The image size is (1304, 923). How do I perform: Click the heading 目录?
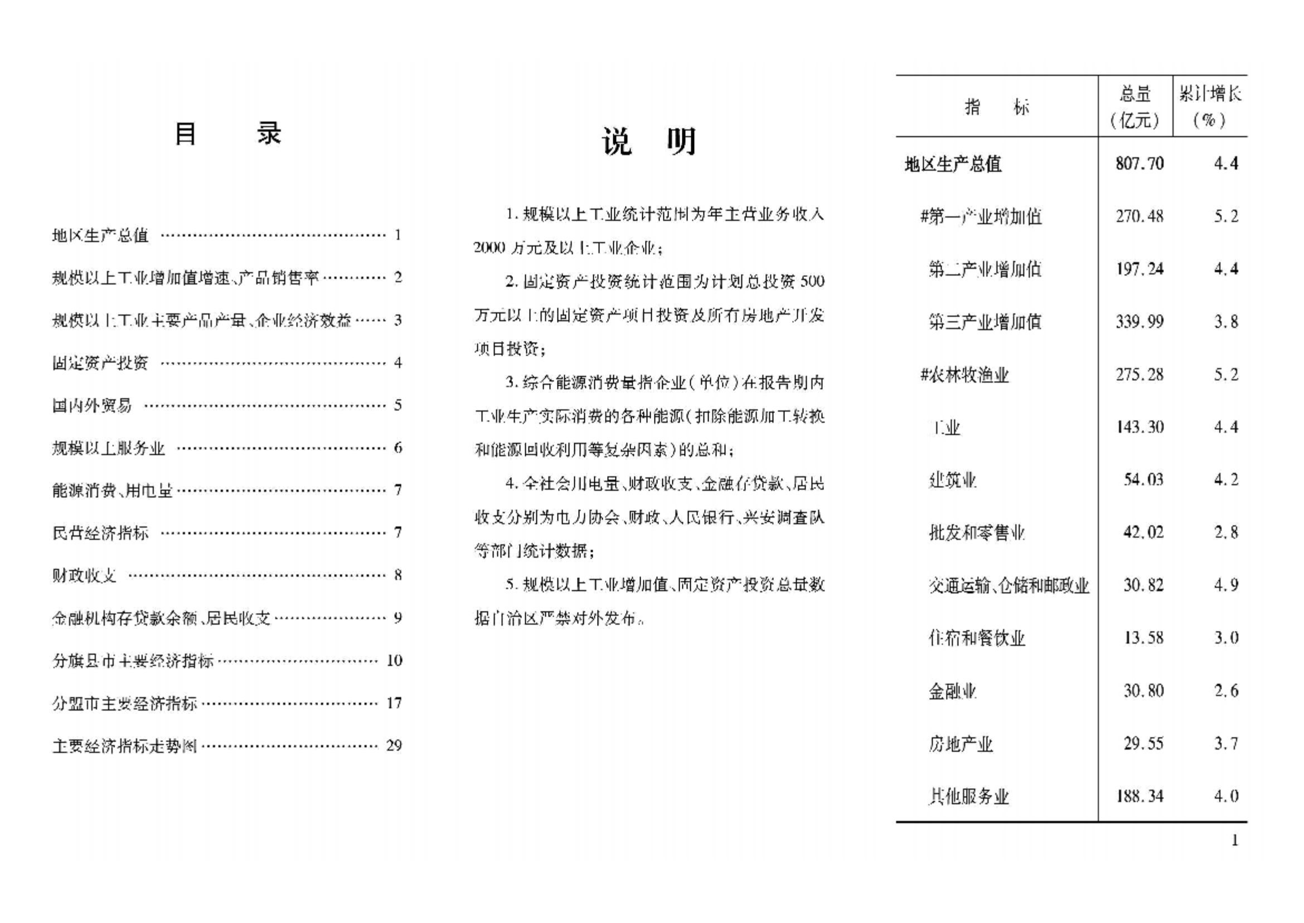click(x=227, y=134)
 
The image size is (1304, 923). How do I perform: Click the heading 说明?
click(x=649, y=142)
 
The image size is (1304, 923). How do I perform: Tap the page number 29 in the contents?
click(x=394, y=745)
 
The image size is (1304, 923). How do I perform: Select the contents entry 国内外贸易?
click(x=91, y=405)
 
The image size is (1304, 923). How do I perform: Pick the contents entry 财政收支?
click(x=84, y=575)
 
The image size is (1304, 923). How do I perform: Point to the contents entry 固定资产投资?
click(x=100, y=363)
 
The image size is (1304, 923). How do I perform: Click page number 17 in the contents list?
click(x=394, y=703)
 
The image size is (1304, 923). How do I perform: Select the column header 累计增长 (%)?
click(x=1210, y=107)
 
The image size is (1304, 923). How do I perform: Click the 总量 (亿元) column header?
click(x=1135, y=107)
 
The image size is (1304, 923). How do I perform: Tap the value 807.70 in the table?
click(x=1139, y=163)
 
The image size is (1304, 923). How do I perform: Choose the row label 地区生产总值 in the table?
click(x=953, y=165)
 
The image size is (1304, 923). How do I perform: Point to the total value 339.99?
click(x=1139, y=322)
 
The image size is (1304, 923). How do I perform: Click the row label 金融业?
click(x=952, y=691)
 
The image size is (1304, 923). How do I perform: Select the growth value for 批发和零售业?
click(x=1226, y=533)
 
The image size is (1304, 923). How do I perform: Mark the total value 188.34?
click(x=1139, y=796)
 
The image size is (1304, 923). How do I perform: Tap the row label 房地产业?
click(x=960, y=744)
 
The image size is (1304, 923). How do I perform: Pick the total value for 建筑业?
click(x=1143, y=480)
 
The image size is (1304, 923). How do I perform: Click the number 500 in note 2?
click(x=812, y=281)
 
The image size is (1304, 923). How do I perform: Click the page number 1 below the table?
click(x=1234, y=840)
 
